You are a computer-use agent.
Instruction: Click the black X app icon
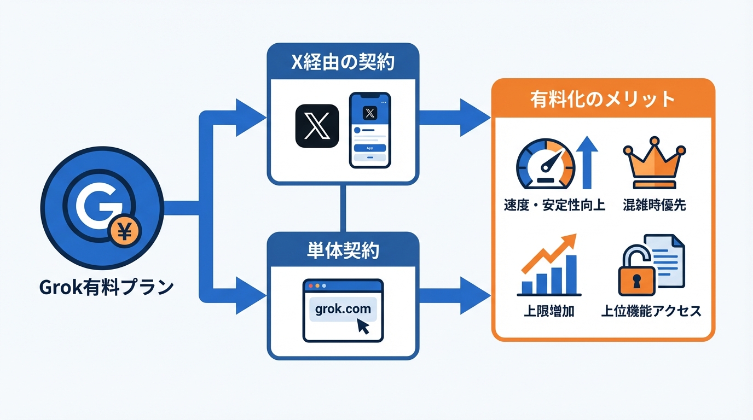[x=317, y=126]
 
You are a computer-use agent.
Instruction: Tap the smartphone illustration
[x=370, y=130]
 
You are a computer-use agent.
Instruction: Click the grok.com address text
[x=343, y=309]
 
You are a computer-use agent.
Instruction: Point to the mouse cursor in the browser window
[x=363, y=326]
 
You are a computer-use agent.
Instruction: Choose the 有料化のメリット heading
[x=603, y=99]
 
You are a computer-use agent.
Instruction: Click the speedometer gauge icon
[x=546, y=163]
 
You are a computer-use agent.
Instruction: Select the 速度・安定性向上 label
[x=554, y=206]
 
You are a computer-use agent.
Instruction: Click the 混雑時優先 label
[x=654, y=206]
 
